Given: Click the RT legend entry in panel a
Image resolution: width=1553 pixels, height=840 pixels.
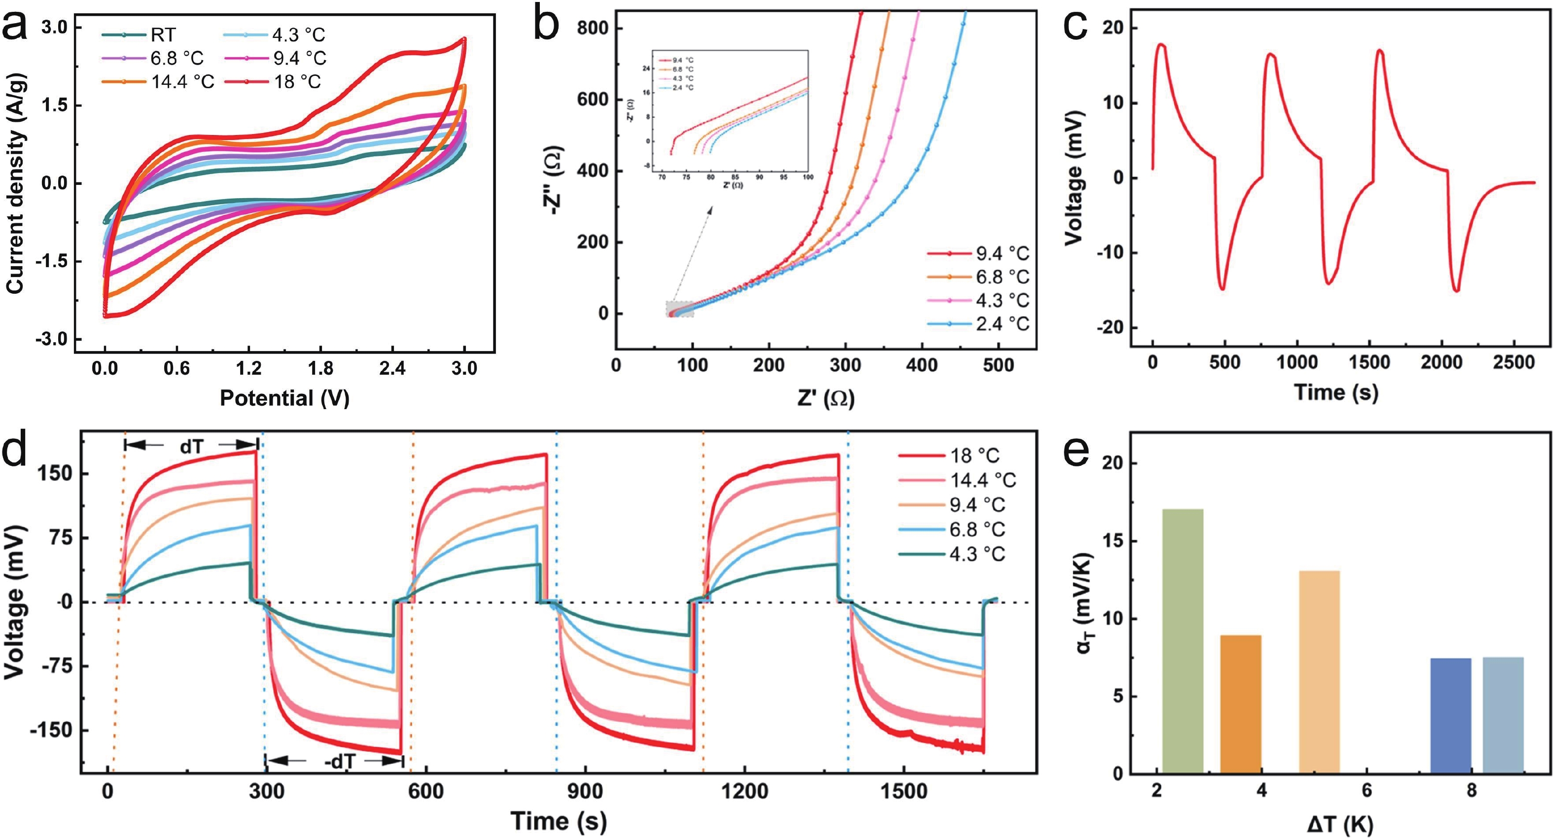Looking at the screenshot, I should point(163,35).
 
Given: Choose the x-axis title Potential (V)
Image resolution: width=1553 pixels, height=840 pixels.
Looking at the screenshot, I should point(284,398).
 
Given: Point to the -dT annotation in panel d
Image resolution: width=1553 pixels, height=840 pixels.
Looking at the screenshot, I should point(339,762).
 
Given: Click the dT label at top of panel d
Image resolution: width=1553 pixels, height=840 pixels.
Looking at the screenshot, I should point(192,446).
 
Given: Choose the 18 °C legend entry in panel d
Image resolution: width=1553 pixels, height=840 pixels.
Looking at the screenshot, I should point(974,455).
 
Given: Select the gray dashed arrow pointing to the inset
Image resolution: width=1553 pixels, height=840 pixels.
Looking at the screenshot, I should point(693,256).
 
